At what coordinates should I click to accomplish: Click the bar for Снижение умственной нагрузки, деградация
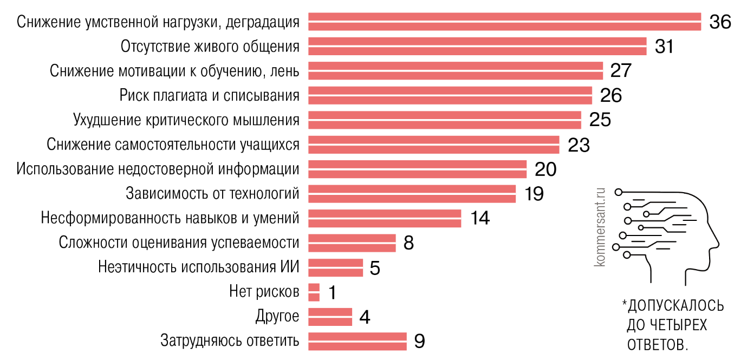click(x=504, y=22)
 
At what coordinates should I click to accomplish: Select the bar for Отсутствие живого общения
click(x=477, y=46)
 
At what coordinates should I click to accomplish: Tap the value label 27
click(x=621, y=71)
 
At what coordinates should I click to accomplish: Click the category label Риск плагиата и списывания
click(x=209, y=95)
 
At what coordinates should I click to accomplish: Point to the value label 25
click(x=600, y=120)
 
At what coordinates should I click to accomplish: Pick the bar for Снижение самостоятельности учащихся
click(x=433, y=145)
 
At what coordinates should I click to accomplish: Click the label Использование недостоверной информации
click(x=158, y=169)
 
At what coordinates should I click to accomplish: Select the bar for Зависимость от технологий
click(x=412, y=194)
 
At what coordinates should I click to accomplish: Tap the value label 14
click(x=479, y=218)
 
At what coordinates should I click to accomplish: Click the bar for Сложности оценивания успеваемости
click(x=352, y=243)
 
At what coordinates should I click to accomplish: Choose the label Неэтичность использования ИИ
click(x=199, y=267)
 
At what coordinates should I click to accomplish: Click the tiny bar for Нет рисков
click(x=314, y=292)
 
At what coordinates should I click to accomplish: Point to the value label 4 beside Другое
click(x=365, y=317)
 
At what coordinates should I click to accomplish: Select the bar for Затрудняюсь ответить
click(x=357, y=341)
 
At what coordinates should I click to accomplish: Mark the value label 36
click(x=720, y=22)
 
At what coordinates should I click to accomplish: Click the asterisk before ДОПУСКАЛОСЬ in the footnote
click(x=624, y=303)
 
